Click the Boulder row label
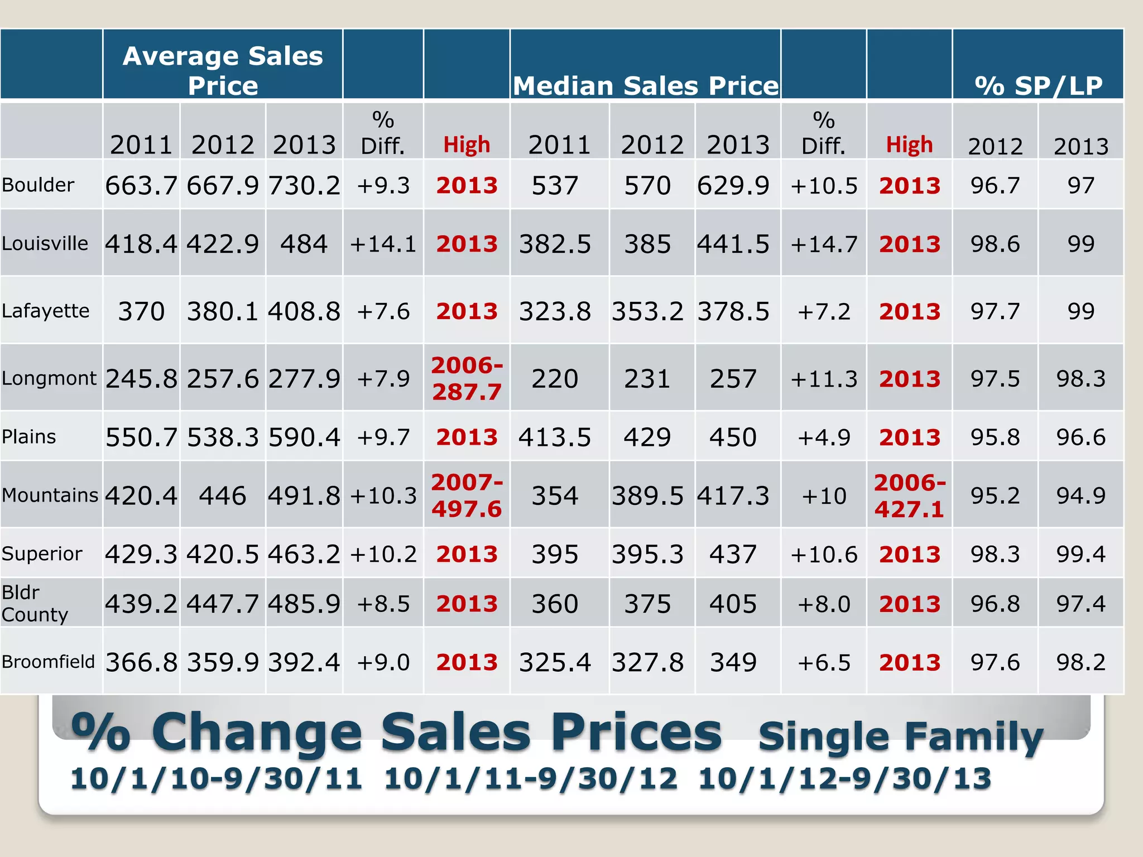[x=38, y=185]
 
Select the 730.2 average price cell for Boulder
[x=304, y=185]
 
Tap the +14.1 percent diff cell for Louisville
[x=383, y=244]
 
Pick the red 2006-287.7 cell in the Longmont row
[x=467, y=378]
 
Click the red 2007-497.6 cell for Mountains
[x=467, y=495]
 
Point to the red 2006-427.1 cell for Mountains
[x=909, y=495]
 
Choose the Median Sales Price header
[x=646, y=86]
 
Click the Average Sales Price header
[x=223, y=70]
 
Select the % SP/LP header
[x=1038, y=86]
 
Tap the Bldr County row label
[x=35, y=603]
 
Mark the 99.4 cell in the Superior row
[x=1080, y=554]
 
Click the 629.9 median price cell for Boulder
[x=733, y=185]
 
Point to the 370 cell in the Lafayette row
[x=141, y=311]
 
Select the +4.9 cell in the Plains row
[x=824, y=437]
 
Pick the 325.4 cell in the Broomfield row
[x=555, y=662]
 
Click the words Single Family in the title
[x=900, y=736]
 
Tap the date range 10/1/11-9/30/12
[x=530, y=779]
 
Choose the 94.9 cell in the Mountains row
[x=1080, y=495]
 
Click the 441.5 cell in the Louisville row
[x=733, y=244]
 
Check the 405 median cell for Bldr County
[x=733, y=604]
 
